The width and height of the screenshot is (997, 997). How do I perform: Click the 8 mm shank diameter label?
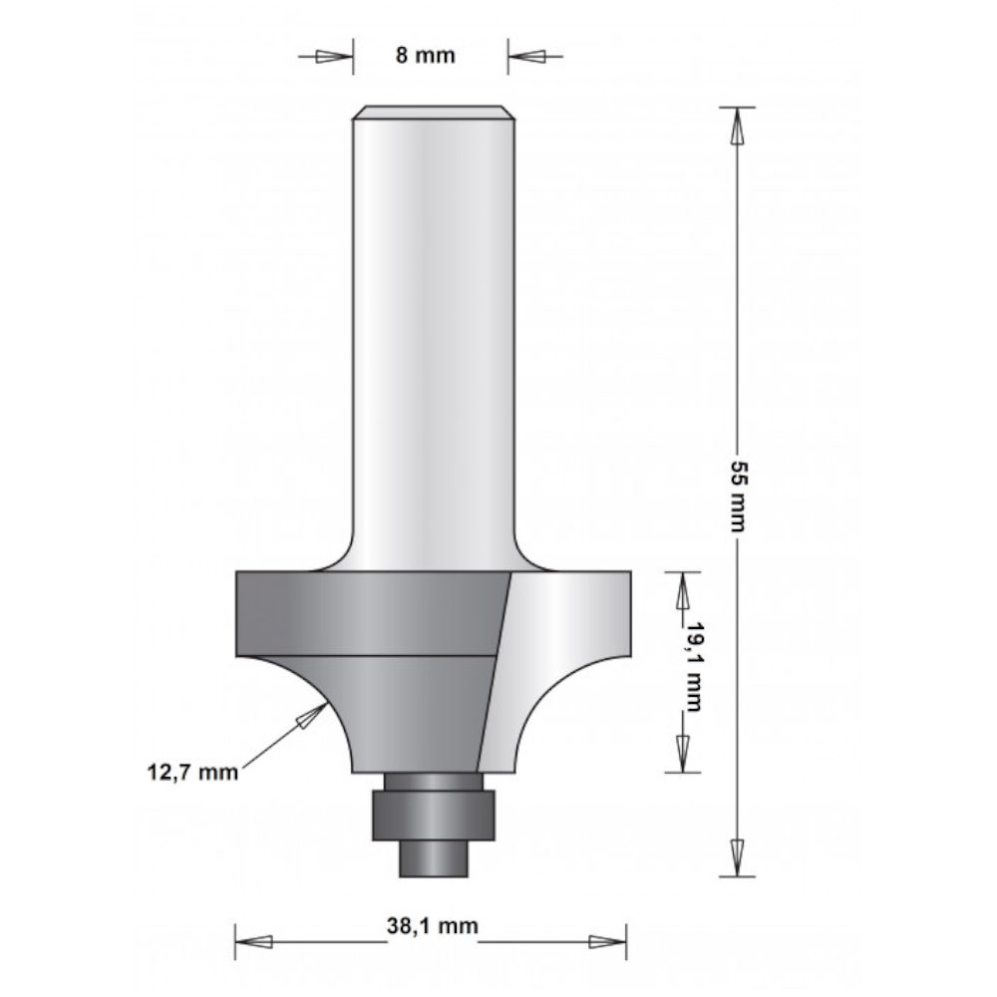[426, 55]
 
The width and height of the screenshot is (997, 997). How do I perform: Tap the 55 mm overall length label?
[738, 496]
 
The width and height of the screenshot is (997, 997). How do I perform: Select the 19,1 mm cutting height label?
[694, 667]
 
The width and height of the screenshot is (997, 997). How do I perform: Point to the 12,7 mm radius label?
[192, 773]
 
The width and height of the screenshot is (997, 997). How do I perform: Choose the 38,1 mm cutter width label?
[433, 925]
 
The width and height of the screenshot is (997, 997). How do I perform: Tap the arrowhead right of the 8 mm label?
[526, 57]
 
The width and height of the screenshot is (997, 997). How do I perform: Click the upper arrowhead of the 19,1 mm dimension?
[683, 590]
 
